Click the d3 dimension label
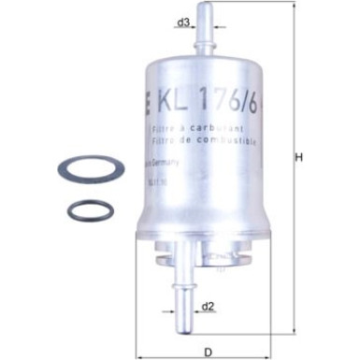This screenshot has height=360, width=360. tap(185, 20)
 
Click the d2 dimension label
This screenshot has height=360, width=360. tap(209, 305)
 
